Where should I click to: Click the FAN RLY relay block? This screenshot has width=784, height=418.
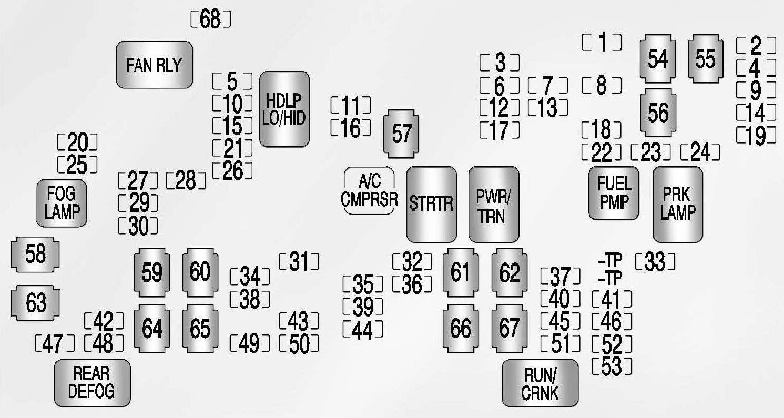click(154, 65)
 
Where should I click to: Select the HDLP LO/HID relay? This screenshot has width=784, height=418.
click(284, 109)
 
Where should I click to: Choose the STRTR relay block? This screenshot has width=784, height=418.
click(431, 204)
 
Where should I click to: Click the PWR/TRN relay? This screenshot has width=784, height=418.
click(493, 204)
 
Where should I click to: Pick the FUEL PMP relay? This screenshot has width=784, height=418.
click(614, 193)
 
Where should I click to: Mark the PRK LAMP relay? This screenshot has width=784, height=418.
click(678, 204)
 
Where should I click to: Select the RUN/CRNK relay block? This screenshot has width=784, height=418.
click(540, 383)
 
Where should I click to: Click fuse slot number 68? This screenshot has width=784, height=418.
click(210, 20)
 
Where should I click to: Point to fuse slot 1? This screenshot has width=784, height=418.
click(602, 42)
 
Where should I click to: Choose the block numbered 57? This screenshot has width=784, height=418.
click(402, 135)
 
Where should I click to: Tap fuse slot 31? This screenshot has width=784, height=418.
click(299, 261)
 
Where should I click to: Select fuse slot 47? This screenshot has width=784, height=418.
click(54, 344)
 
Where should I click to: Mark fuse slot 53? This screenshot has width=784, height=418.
click(612, 367)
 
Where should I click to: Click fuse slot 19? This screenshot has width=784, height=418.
click(756, 136)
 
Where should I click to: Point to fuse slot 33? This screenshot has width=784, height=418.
click(655, 261)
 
